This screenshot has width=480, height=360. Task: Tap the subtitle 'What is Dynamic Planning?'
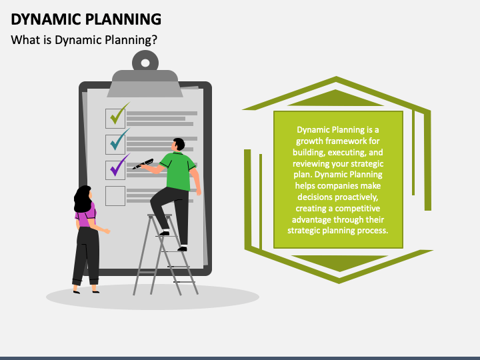[x=84, y=39]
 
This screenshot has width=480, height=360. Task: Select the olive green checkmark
[x=119, y=113]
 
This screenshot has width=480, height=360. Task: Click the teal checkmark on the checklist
[x=118, y=141]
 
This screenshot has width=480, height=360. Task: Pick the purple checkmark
[x=118, y=165]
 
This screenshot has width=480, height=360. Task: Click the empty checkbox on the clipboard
[x=115, y=195]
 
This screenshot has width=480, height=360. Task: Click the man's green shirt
[x=179, y=171]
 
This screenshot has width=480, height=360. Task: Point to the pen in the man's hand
[x=143, y=164]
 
